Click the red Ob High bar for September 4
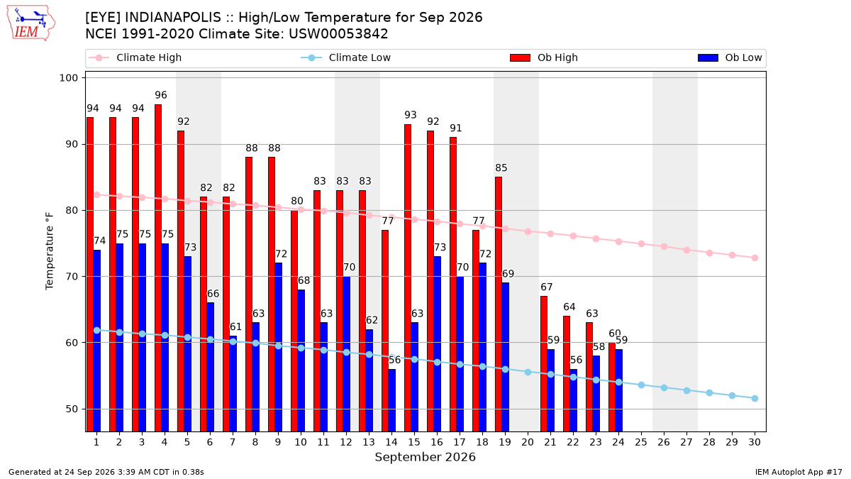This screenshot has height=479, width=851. tap(158, 268)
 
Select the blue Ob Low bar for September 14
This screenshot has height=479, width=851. tap(391, 400)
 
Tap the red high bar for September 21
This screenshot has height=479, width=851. tap(544, 364)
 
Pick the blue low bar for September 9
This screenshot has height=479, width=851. tap(279, 347)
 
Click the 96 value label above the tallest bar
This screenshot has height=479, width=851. tap(161, 95)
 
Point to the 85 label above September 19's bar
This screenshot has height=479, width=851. tap(501, 167)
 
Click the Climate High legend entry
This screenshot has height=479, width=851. tap(135, 57)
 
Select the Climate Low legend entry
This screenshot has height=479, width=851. tap(346, 57)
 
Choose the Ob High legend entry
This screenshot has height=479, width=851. tap(544, 57)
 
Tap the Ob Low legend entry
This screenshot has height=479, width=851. tap(730, 57)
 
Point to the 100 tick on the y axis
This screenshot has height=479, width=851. tap(68, 78)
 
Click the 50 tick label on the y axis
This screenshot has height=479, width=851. tap(72, 409)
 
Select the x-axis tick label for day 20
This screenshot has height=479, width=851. tap(528, 442)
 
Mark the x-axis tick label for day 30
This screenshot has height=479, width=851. tap(755, 442)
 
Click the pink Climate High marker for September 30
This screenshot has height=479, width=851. tap(755, 258)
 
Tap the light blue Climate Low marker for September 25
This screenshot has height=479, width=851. tap(641, 385)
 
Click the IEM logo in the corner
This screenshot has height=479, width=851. tap(31, 23)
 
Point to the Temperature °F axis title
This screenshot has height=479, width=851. tap(50, 251)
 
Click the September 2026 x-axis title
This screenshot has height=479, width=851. tap(425, 457)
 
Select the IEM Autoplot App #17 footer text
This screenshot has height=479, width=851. tap(799, 472)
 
